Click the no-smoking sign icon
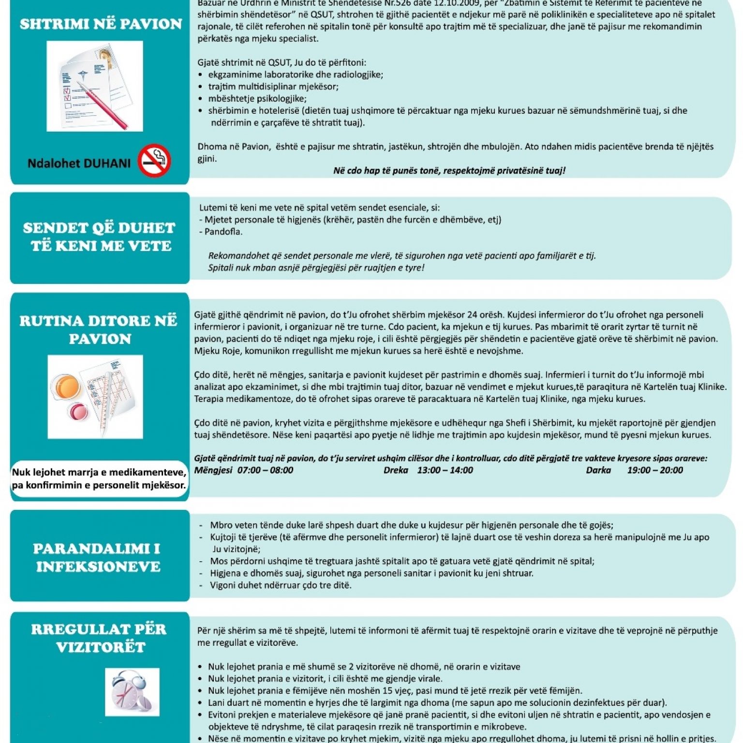154,161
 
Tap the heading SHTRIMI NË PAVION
101,24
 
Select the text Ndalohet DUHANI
79,163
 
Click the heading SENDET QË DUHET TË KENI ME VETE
100,237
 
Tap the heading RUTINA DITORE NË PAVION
99,330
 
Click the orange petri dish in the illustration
67,386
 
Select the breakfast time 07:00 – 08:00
265,470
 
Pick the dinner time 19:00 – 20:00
655,470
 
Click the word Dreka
396,470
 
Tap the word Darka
598,470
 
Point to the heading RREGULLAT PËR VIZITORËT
99,638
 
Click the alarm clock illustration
132,692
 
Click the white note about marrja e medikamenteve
99,479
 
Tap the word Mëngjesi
213,470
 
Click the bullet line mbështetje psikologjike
257,99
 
